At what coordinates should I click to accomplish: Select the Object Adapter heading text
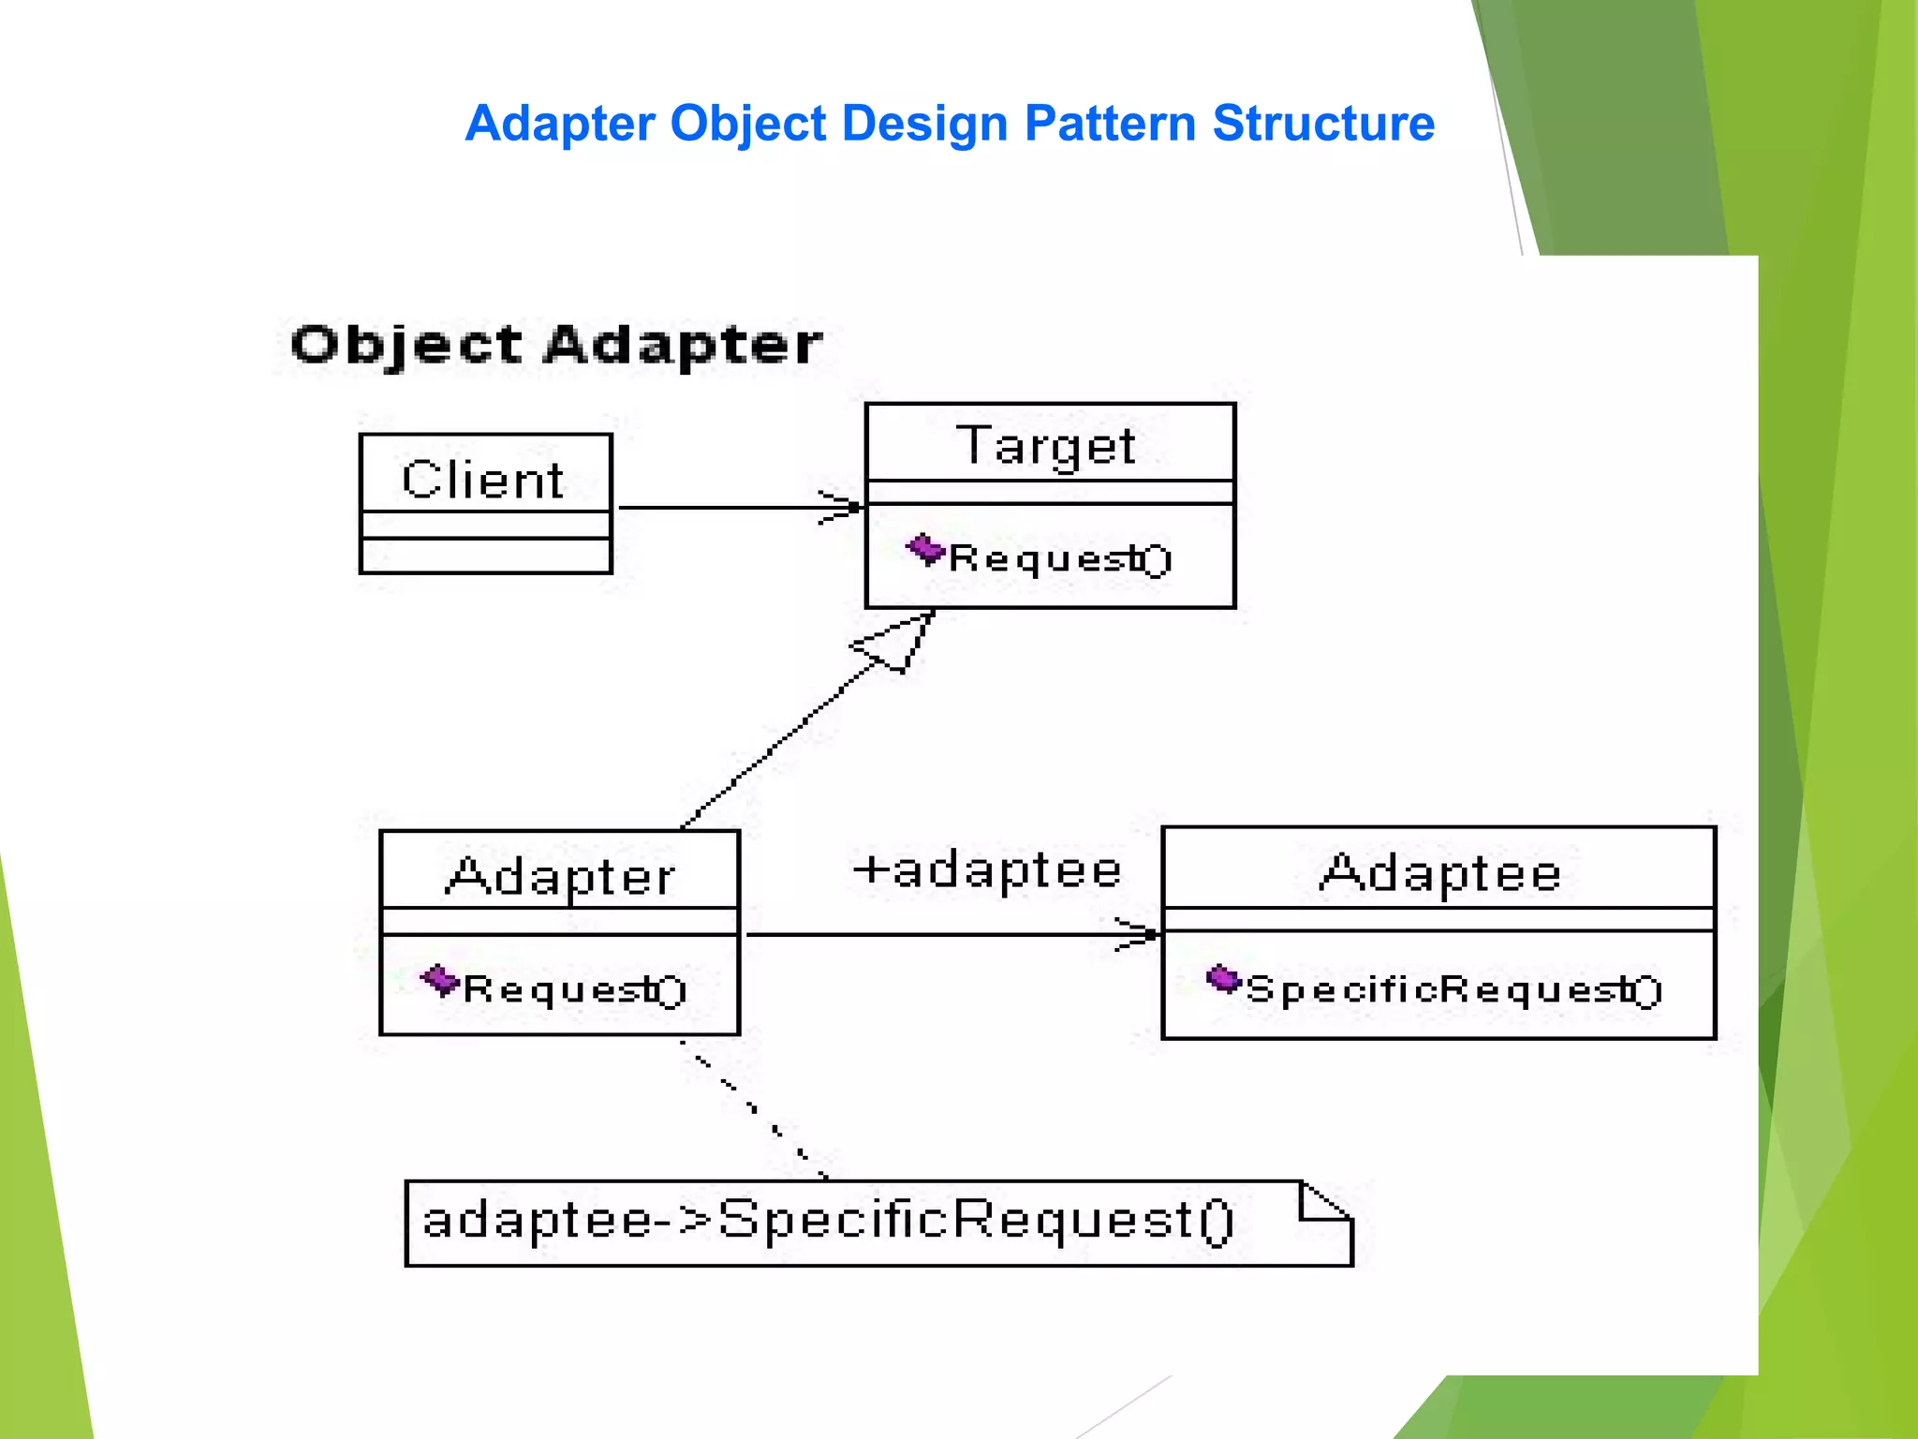coord(556,345)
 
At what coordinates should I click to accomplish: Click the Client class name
coord(483,480)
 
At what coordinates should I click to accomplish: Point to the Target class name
coord(1046,445)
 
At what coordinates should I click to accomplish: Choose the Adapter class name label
coord(560,877)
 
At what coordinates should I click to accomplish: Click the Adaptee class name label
coord(1440,873)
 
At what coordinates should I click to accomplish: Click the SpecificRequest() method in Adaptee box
coord(1453,990)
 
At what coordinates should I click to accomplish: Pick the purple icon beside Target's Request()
coord(925,549)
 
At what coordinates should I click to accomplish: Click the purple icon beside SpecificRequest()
coord(1223,980)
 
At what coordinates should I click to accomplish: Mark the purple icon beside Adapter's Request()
coord(439,981)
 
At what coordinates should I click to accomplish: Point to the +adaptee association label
coord(987,870)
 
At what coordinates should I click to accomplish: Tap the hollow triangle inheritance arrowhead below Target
coord(894,644)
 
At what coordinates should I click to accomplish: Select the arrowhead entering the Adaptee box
coord(1138,934)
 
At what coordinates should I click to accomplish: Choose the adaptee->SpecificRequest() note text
coord(829,1222)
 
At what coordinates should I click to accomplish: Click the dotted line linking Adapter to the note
coord(752,1108)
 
